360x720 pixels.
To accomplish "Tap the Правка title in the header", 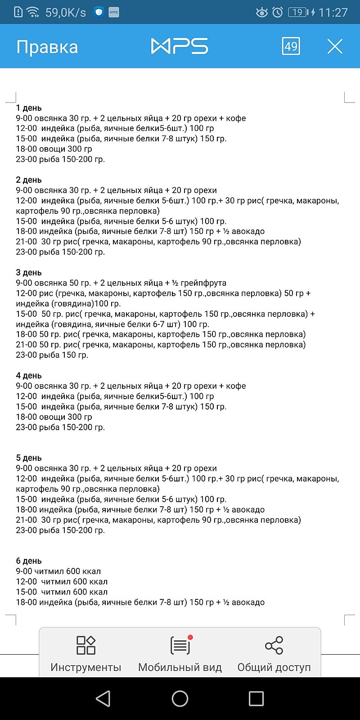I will coord(47,47).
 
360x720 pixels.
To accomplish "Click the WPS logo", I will coord(180,46).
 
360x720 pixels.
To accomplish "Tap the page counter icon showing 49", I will coord(291,46).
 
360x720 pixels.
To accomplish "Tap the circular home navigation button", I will coord(180,698).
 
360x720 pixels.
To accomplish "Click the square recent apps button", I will coord(256,698).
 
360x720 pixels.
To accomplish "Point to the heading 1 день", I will coord(29,108).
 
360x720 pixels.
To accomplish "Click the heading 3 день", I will coord(29,273).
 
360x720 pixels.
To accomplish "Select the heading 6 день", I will coord(29,561).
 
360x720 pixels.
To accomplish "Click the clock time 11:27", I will coord(333,13).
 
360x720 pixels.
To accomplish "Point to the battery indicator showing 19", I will coord(297,13).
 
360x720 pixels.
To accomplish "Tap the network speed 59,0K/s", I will coord(66,13).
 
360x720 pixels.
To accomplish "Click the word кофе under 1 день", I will coord(236,118).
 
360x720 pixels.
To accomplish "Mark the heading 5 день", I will coord(29,458).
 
